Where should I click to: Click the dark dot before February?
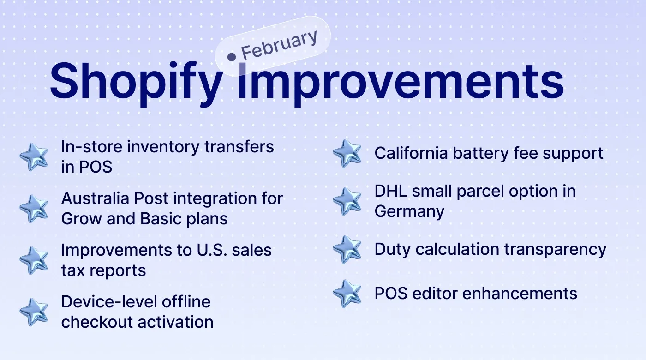[232, 56]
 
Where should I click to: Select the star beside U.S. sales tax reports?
[34, 260]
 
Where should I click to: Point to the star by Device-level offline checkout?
[34, 312]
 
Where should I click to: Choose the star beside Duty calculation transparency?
[347, 249]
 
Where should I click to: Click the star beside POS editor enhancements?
[347, 294]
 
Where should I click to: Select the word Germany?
[409, 211]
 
